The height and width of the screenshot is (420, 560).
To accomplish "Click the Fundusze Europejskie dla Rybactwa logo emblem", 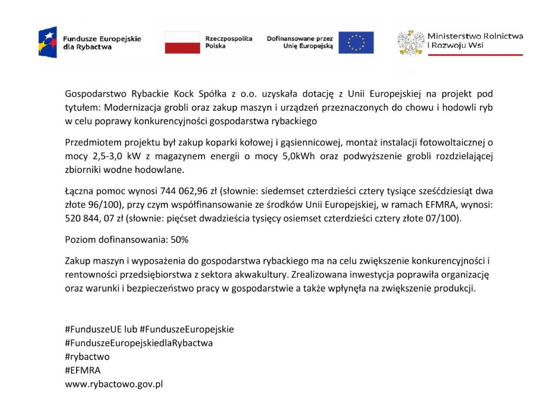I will [x=48, y=42].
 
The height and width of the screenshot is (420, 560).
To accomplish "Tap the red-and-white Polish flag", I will [x=182, y=42].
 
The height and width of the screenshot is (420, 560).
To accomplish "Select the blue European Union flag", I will [x=355, y=42].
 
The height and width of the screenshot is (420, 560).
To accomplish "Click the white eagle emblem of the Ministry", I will [x=410, y=42].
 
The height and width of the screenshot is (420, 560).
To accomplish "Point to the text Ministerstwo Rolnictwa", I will [x=475, y=36].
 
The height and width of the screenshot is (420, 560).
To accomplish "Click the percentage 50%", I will [x=178, y=240].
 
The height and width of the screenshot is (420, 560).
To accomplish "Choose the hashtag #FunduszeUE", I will [x=93, y=329].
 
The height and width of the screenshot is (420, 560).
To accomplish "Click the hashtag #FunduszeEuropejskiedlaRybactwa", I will [x=139, y=343].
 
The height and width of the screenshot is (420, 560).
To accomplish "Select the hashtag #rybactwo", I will [x=87, y=357].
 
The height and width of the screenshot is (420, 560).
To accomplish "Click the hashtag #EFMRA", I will [x=83, y=370].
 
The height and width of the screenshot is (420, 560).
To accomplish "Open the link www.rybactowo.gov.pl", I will [x=114, y=384].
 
